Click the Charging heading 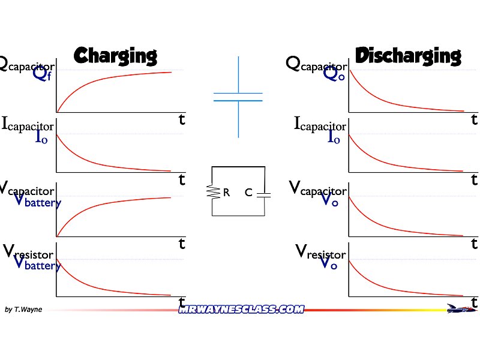click(115, 56)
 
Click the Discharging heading click(408, 56)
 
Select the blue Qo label click(334, 74)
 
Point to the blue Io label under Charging click(41, 137)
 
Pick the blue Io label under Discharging click(334, 137)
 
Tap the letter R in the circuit click(226, 193)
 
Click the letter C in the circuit click(248, 193)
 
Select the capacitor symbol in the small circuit click(264, 194)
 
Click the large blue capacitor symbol click(238, 97)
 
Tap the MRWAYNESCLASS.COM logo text click(241, 309)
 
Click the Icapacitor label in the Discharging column click(320, 125)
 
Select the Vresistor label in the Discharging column click(320, 252)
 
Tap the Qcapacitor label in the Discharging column click(316, 64)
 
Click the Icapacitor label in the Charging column click(28, 125)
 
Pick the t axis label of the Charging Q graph click(182, 119)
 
